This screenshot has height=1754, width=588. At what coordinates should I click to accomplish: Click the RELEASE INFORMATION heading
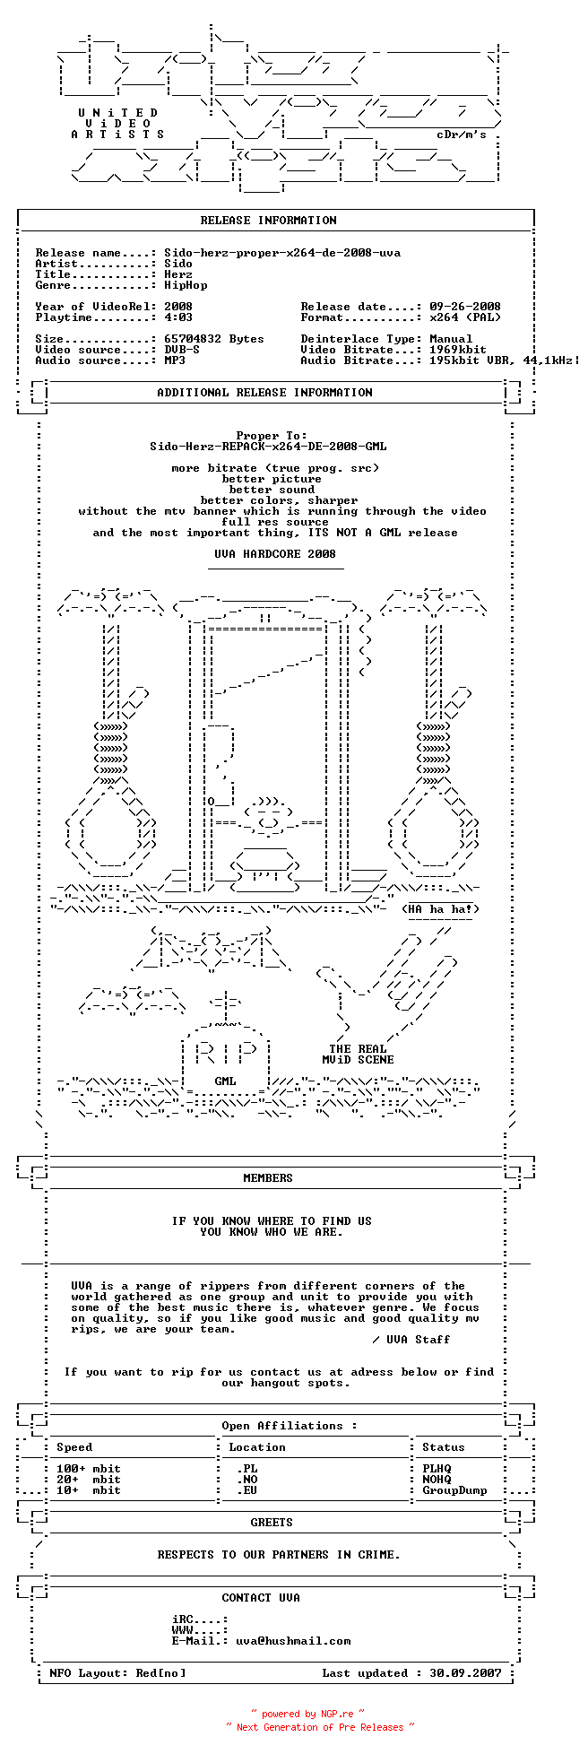point(269,221)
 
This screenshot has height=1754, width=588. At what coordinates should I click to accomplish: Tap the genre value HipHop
point(186,286)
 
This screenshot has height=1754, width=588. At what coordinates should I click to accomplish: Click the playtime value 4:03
point(178,317)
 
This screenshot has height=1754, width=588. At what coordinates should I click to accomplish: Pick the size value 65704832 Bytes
point(214,339)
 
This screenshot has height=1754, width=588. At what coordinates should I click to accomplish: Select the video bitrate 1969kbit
point(458,350)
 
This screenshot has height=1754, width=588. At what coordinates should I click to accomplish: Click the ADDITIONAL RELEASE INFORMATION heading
point(264,393)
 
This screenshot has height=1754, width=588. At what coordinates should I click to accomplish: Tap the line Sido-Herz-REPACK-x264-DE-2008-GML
point(269,447)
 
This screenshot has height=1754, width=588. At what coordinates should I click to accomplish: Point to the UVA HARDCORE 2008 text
point(275,554)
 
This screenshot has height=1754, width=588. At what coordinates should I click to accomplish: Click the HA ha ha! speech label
point(440,909)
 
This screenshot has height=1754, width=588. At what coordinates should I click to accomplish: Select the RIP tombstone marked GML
point(225,1058)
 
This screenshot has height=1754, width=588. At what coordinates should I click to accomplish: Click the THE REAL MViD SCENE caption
point(358,1055)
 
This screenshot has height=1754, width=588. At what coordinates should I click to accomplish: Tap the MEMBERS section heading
point(268,1178)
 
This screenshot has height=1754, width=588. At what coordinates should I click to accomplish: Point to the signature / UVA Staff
point(411,1340)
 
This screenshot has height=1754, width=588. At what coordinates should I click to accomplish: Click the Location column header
point(257,1447)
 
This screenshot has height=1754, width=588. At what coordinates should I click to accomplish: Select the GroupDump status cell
point(454,1490)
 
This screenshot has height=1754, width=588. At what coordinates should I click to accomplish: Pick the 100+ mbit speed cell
point(89,1469)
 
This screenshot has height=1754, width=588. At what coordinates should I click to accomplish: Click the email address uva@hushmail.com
point(293,1641)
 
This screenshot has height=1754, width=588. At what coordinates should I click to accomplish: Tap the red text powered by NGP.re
point(307,1714)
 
